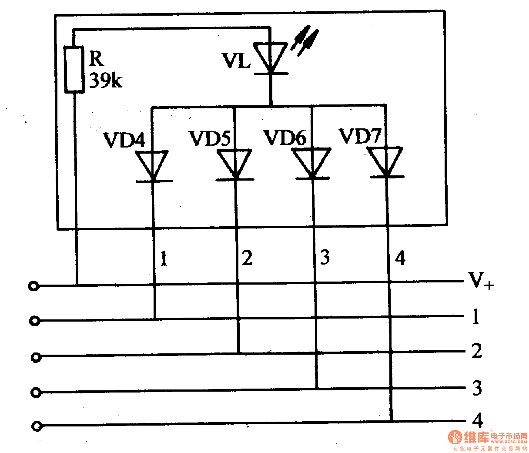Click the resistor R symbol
coord(74,69)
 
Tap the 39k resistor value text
coord(105,80)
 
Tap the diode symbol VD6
coord(312,163)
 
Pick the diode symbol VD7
coord(386,162)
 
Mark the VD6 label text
coord(285,138)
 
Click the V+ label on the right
coord(481,281)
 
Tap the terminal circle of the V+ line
coord(33,286)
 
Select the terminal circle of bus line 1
coord(35,321)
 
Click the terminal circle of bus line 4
coord(37,426)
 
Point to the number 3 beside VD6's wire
coord(325,257)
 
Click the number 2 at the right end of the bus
coord(477,351)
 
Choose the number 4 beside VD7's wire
coord(400,258)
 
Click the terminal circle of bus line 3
coord(36,393)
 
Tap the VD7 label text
coord(360,136)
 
